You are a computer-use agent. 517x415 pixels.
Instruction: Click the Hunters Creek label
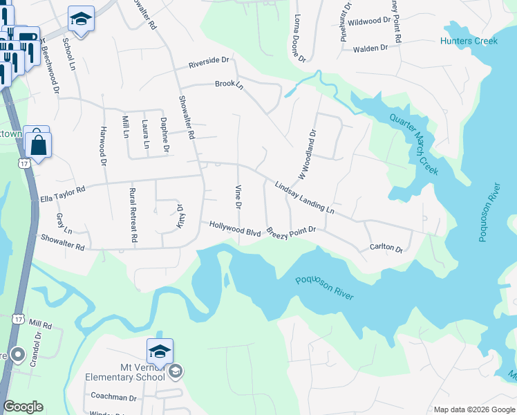pos(469,41)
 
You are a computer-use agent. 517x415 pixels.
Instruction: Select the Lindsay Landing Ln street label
pos(304,197)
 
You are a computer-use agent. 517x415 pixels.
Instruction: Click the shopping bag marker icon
pos(38,145)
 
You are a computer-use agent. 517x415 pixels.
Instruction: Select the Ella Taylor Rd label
pos(63,188)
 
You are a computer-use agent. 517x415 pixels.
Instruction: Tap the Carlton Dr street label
pos(386,247)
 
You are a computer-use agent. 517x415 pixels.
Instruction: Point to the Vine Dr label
pos(238,197)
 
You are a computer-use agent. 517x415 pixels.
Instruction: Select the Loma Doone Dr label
pos(299,39)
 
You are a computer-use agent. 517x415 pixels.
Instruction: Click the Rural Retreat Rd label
pos(133,214)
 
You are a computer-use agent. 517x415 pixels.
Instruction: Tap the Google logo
pos(23,407)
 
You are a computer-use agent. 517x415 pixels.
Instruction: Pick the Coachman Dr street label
pos(114,397)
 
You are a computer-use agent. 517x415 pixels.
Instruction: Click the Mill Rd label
pos(41,324)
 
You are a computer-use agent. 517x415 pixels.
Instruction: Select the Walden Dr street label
pos(370,48)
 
